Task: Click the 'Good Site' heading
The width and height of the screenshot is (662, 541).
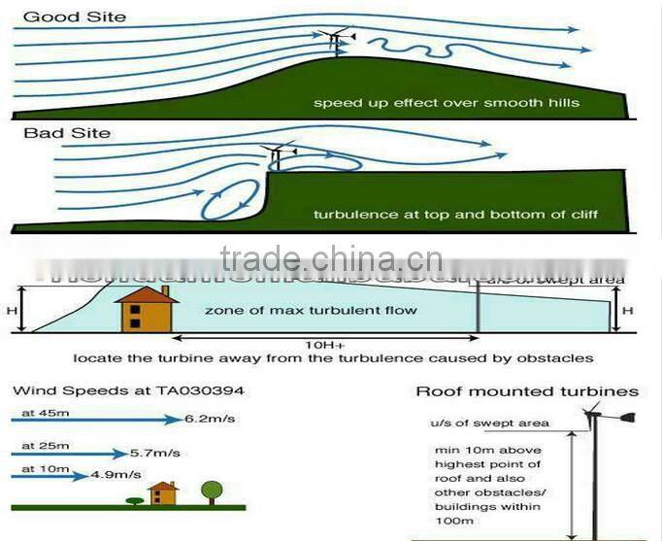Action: (x=62, y=16)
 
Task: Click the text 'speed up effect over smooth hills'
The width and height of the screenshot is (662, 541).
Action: (x=446, y=102)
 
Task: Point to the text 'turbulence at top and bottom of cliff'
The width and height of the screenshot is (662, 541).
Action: (x=455, y=214)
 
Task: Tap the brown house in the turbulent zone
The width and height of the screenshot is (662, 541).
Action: (x=145, y=310)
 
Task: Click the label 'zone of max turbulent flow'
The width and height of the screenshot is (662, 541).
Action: (x=311, y=310)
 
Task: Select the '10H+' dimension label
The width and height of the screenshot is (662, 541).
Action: (x=324, y=344)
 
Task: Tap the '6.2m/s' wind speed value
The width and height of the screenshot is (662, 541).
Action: (x=209, y=420)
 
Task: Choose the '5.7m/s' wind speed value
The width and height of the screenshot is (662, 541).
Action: (x=153, y=453)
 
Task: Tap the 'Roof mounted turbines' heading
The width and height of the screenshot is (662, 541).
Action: (x=527, y=391)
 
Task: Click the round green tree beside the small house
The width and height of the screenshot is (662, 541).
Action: (x=212, y=489)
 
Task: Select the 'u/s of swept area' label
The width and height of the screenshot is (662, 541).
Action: (x=489, y=423)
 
